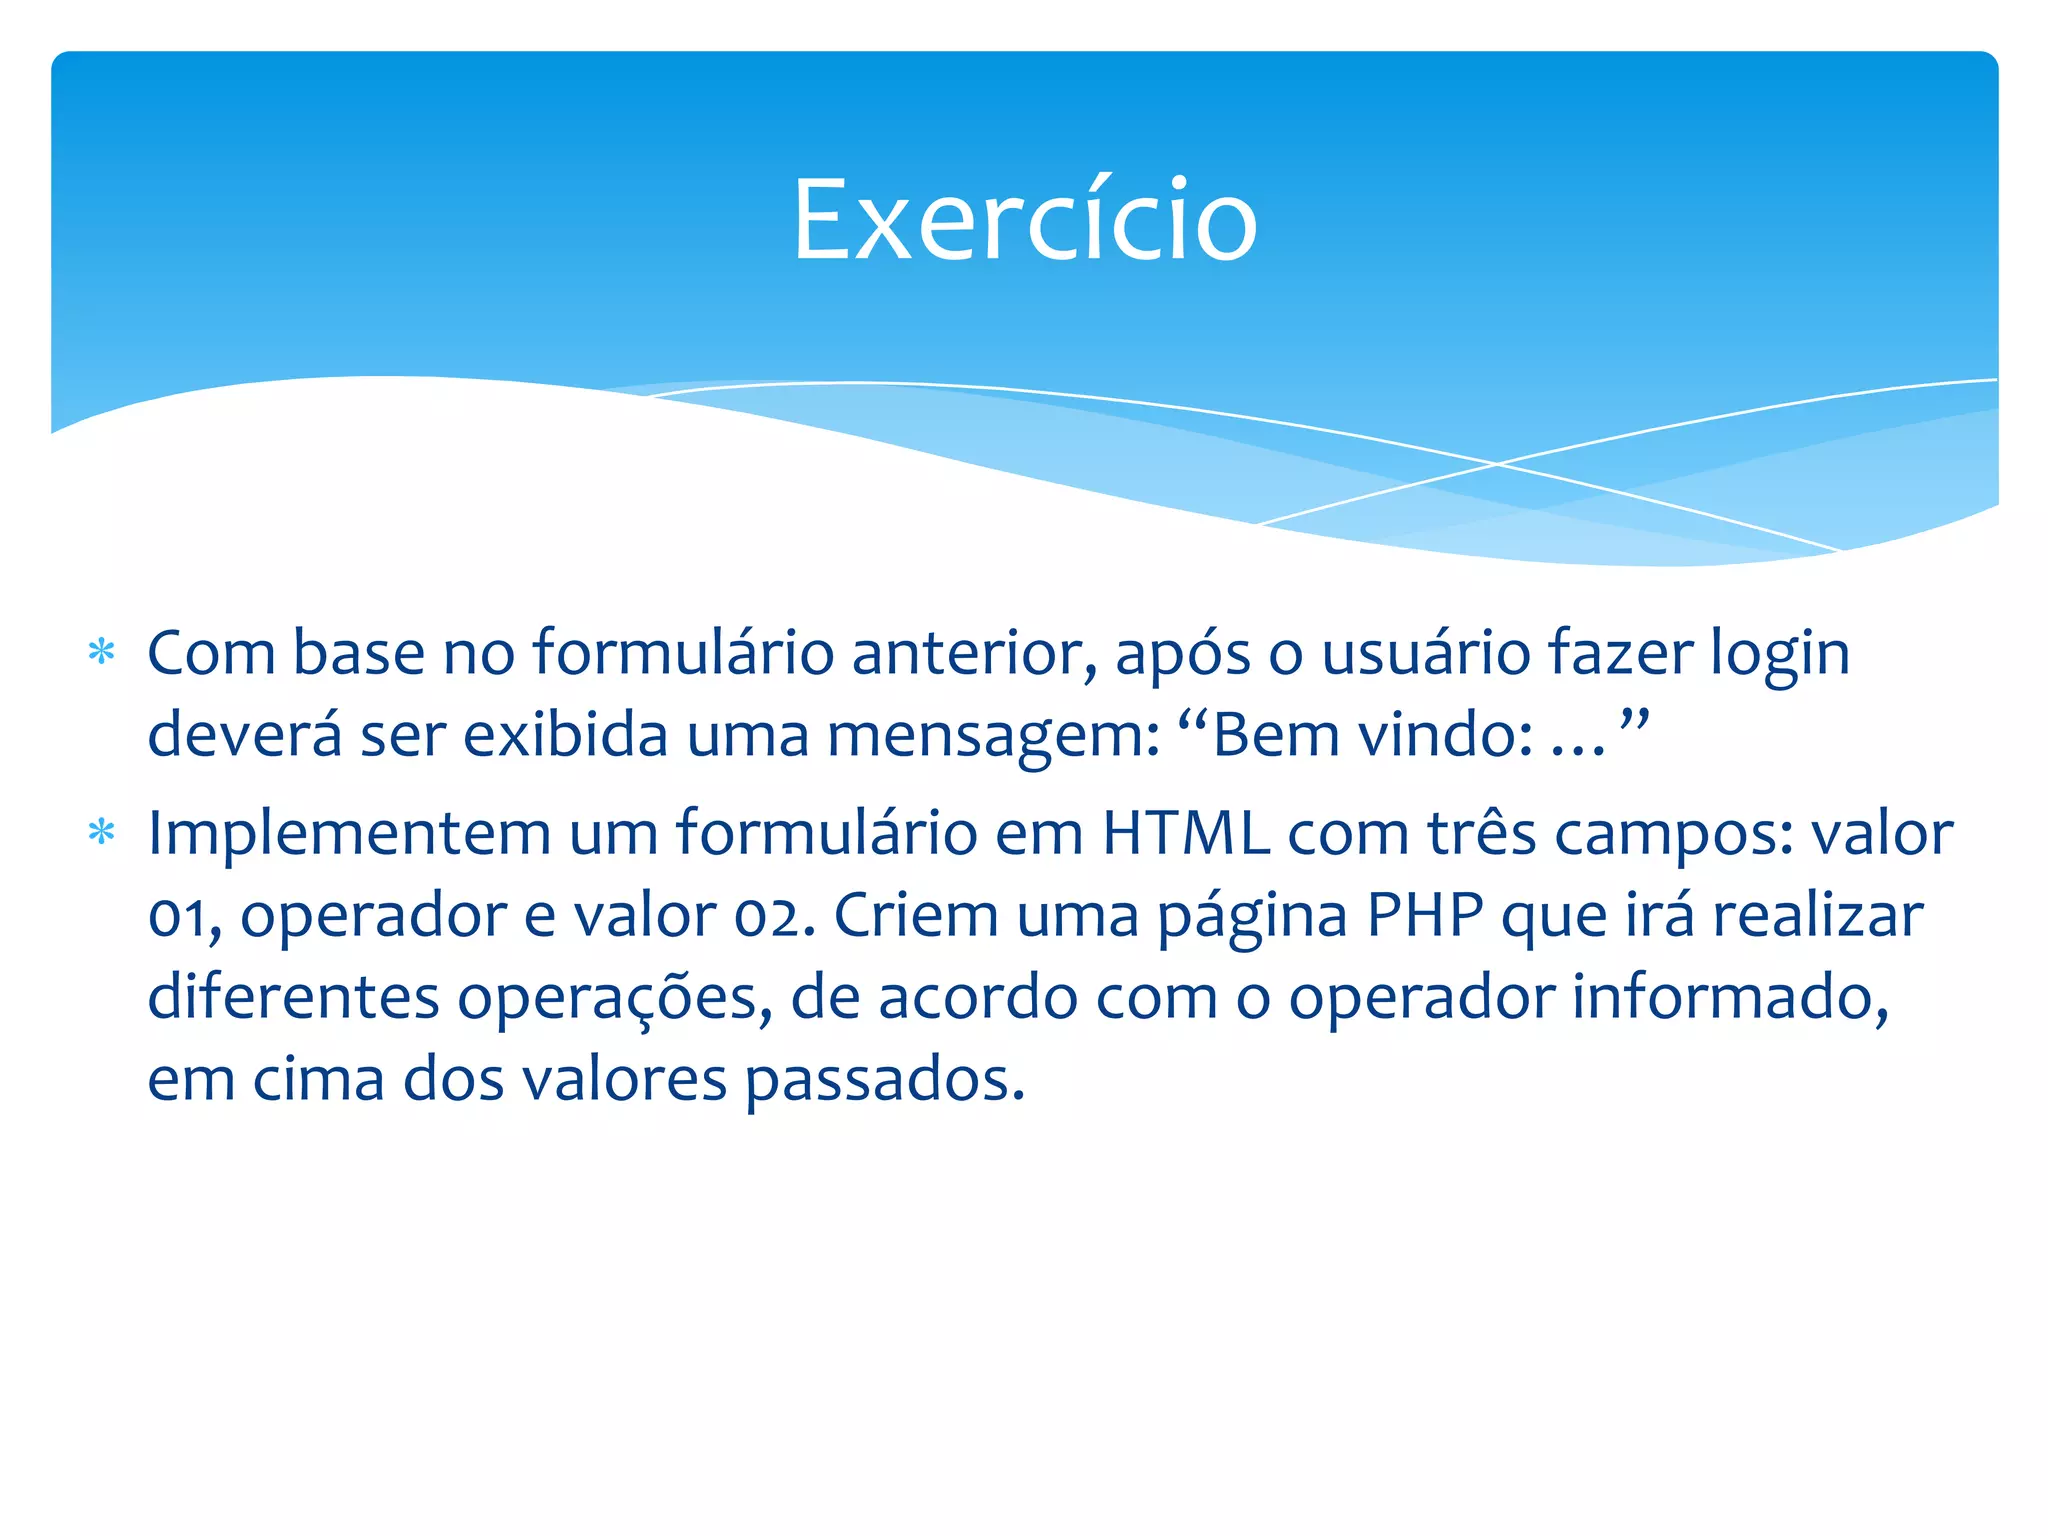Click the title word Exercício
(1024, 220)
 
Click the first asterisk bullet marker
(101, 653)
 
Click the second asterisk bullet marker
(101, 832)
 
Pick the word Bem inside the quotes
(1275, 736)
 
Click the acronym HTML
(1185, 833)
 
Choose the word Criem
(916, 915)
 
